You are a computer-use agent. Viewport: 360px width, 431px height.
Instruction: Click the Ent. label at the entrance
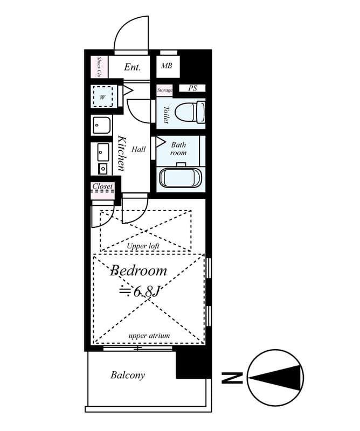132,67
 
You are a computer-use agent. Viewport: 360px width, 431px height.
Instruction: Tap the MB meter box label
167,66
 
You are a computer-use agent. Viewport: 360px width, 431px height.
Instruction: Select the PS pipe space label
192,88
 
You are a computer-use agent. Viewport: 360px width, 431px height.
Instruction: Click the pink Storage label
165,90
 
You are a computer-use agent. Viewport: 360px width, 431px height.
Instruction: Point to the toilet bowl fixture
190,113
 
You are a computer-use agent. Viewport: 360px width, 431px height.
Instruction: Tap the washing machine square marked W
102,97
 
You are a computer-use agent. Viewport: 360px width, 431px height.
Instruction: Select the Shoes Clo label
99,66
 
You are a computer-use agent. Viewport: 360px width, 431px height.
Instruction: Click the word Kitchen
121,153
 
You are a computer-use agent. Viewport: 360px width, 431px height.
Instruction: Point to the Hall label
139,149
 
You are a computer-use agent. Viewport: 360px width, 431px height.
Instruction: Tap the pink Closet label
102,186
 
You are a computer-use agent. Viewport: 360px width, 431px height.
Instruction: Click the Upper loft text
143,246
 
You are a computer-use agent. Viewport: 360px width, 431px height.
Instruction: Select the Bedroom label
139,271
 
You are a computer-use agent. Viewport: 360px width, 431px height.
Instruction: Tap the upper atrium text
149,336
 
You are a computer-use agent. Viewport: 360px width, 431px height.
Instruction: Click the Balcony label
128,375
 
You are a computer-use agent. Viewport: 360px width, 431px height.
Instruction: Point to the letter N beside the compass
232,378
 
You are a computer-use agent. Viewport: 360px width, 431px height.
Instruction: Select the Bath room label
178,149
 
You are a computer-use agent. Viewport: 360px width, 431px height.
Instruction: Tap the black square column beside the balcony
193,365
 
